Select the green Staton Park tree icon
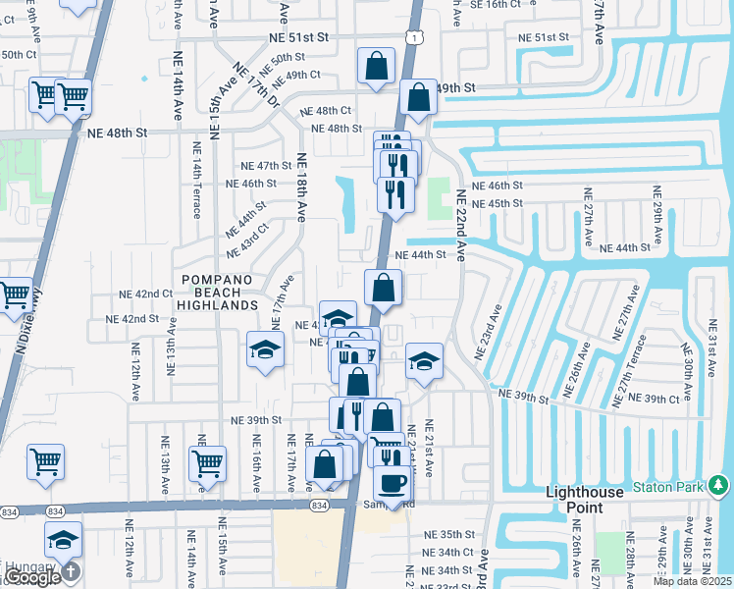point(719,485)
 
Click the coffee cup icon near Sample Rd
point(393,484)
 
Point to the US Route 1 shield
point(418,37)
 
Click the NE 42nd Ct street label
point(146,294)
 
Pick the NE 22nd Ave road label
point(460,225)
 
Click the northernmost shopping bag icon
point(376,68)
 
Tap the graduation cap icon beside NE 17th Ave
point(264,350)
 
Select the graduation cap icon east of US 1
point(424,361)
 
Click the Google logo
point(32,577)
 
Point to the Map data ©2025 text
point(691,581)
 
